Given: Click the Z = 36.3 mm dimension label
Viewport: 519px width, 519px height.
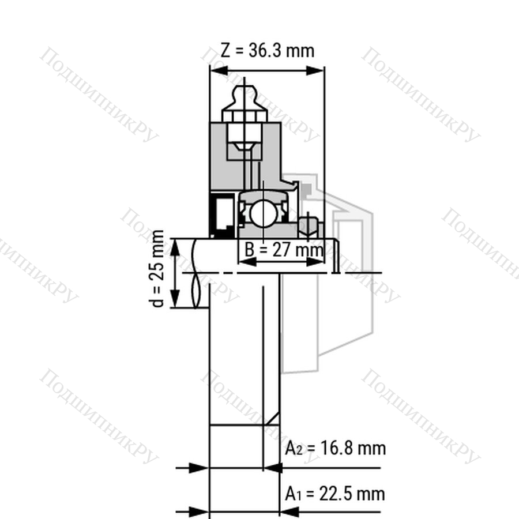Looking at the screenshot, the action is point(267,51).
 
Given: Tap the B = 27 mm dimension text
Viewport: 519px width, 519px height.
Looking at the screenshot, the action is point(284,250).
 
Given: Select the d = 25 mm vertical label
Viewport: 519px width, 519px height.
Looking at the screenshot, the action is point(158,268).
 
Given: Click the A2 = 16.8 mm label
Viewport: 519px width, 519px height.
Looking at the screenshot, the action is point(335,449).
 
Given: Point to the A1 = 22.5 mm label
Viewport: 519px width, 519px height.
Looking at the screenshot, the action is point(335,494).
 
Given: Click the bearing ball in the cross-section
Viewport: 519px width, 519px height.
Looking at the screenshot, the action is point(263,213).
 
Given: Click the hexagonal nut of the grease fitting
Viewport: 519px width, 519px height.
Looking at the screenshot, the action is point(245,116).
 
